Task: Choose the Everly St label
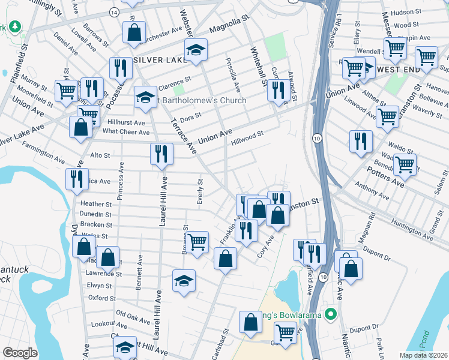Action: pyautogui.click(x=200, y=191)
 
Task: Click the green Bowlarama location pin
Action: pyautogui.click(x=329, y=314)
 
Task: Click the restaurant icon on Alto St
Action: pyautogui.click(x=161, y=154)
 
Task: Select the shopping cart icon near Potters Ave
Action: pyautogui.click(x=405, y=164)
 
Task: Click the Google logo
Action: pyautogui.click(x=20, y=353)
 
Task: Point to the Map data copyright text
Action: pyautogui.click(x=423, y=355)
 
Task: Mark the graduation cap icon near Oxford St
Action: pyautogui.click(x=184, y=281)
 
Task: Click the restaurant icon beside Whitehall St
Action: pyautogui.click(x=278, y=89)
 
